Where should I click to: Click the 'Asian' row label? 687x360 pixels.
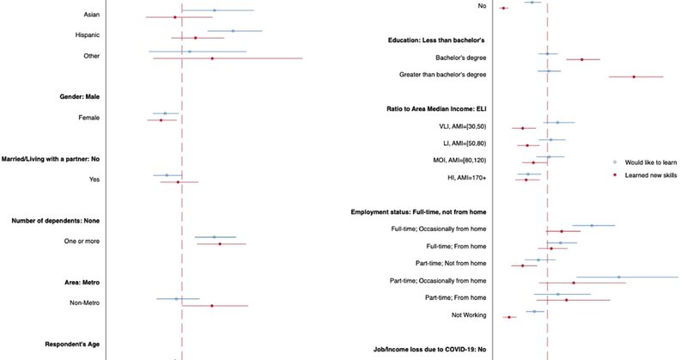click(90, 15)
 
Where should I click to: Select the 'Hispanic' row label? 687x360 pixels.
click(88, 35)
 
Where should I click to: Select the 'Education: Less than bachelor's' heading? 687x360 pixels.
click(437, 40)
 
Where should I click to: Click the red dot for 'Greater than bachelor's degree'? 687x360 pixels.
click(634, 76)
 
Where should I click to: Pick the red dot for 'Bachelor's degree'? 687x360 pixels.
click(582, 59)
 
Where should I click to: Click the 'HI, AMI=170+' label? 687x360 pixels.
click(460, 178)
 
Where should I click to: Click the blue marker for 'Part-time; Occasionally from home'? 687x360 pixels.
click(618, 277)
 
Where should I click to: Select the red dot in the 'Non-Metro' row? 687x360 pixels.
click(212, 305)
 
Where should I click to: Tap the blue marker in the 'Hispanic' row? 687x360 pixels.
click(234, 31)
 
